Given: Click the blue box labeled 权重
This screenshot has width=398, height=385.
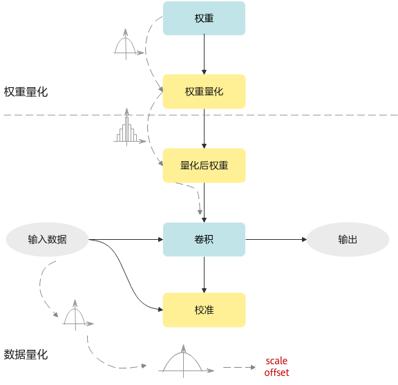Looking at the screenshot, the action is pos(204,18).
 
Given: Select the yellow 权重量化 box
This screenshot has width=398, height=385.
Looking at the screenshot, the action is pos(204,91).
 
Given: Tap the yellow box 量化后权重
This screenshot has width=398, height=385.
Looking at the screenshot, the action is pos(204,165).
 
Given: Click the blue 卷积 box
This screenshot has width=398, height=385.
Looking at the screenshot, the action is pos(204,239).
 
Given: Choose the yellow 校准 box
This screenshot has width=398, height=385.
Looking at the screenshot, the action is pos(204,310).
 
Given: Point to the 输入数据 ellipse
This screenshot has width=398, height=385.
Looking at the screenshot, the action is pos(47,239).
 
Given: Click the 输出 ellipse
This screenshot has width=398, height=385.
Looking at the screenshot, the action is pos(348,239).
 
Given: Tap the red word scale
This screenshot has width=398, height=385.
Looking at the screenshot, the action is pos(276,361).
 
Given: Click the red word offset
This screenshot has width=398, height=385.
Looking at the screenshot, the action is pos(276,373).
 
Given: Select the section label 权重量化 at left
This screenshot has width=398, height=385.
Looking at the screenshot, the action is pos(26,92).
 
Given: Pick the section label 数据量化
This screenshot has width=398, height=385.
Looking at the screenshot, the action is pos(26,355).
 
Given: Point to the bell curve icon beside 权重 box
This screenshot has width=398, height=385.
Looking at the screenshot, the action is pos(129,44).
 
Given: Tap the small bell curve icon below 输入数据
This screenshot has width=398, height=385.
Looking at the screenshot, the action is pos(77,315).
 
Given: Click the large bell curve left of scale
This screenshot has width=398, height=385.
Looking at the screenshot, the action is pos(186,361).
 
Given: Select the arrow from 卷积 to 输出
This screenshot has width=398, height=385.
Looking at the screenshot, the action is pos(276,239).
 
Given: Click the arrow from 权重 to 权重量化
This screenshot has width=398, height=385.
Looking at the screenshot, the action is pos(204,54).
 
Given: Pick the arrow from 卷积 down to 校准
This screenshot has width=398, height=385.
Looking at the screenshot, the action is pos(204,274).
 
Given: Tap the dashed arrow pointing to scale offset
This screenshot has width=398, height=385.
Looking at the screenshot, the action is pos(239,367).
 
